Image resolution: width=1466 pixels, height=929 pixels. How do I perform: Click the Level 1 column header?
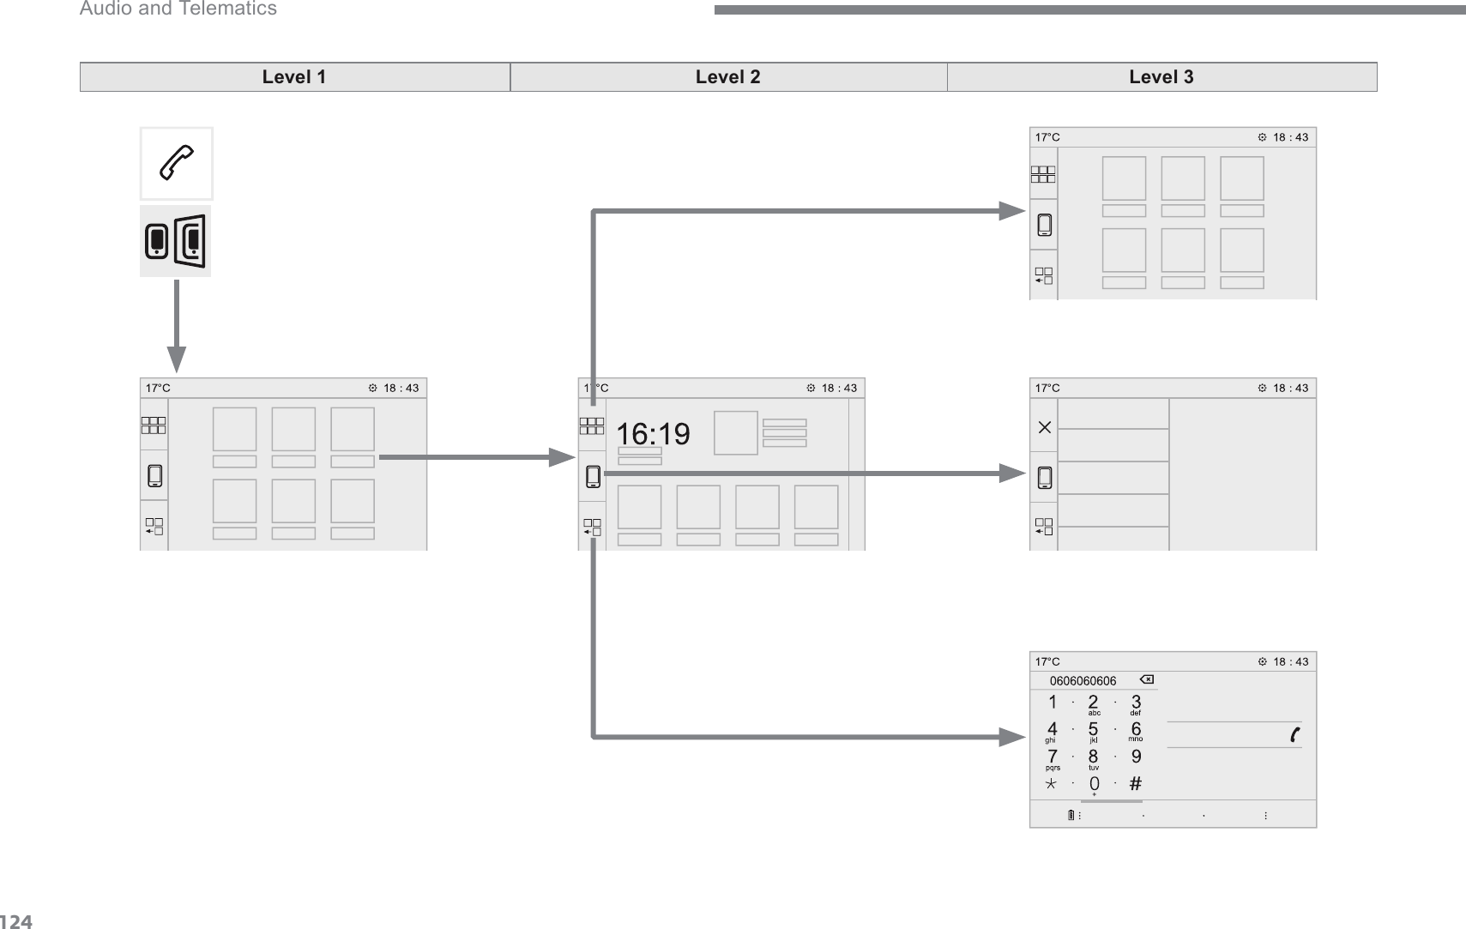coord(294,77)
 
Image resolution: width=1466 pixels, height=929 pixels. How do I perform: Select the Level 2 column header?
coord(727,77)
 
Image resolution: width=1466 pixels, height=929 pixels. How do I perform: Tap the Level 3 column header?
coord(1161,77)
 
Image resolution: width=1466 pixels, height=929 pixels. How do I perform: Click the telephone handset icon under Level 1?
coord(177,163)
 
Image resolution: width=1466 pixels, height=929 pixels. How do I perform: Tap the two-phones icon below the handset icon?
coord(175,241)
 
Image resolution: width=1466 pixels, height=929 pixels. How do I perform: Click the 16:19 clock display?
coord(654,434)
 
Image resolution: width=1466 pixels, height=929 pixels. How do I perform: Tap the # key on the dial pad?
coord(1135,783)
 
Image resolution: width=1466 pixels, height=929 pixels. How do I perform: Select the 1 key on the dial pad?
coord(1053,703)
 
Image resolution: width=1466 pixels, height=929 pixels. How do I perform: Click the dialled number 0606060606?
coord(1083,681)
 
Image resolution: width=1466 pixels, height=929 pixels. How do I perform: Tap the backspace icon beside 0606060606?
coord(1146,680)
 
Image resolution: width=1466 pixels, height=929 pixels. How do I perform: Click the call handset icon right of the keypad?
coord(1294,734)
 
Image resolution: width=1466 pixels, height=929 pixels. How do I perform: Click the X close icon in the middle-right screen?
coord(1044,426)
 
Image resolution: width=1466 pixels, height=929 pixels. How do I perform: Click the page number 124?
coord(16,922)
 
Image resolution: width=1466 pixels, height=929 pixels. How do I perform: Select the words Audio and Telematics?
coord(178,9)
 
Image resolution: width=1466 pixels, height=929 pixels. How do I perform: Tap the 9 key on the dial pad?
coord(1136,757)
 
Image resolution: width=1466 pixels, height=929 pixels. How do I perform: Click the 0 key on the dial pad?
coord(1094,784)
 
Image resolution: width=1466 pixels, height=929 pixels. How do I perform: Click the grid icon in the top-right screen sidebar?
coord(1043,175)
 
